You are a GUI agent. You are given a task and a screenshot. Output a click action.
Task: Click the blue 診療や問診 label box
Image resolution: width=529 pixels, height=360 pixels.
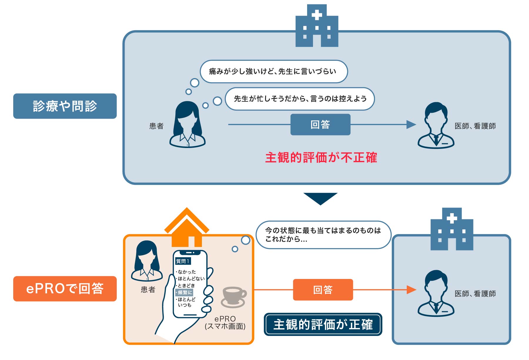tap(65, 106)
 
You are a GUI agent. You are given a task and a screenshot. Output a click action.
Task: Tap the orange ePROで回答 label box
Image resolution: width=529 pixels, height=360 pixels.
tap(65, 289)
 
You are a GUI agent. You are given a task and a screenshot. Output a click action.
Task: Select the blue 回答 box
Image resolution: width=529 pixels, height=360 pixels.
tap(320, 125)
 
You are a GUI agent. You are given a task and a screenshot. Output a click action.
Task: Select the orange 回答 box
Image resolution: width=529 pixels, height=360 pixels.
tap(323, 290)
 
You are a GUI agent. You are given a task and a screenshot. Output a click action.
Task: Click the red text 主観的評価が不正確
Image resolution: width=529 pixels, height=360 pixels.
tap(321, 158)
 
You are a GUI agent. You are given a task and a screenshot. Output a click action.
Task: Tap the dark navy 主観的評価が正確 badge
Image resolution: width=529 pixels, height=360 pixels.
tap(323, 324)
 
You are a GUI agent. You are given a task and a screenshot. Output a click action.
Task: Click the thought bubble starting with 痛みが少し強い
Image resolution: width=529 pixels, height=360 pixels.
tap(273, 71)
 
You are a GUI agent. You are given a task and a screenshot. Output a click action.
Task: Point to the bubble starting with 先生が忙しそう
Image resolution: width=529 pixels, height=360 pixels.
tap(300, 99)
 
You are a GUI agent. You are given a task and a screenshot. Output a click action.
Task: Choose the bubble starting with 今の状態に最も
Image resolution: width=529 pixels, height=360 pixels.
tap(323, 235)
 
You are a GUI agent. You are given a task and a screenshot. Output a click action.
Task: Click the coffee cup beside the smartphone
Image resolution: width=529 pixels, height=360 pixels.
tap(234, 297)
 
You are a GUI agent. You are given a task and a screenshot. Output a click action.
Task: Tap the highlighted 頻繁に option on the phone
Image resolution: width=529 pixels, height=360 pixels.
tap(184, 292)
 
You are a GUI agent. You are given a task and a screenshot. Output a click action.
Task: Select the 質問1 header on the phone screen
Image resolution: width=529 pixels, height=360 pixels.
tap(183, 261)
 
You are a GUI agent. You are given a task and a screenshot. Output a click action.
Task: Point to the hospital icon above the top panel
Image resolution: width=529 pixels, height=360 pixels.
tap(317, 26)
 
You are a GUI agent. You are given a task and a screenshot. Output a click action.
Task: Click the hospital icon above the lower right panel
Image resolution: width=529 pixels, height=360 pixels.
tap(452, 229)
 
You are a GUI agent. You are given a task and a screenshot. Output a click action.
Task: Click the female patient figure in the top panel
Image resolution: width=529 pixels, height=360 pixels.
tap(188, 125)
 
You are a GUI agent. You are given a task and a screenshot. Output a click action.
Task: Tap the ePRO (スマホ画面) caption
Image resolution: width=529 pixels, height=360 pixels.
tap(225, 322)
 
